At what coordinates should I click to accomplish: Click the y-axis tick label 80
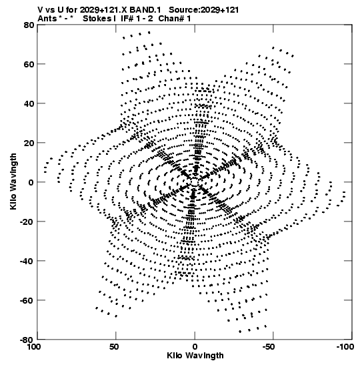click(x=29, y=25)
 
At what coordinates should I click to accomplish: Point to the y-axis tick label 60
click(x=29, y=64)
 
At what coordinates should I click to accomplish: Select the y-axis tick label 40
click(x=29, y=103)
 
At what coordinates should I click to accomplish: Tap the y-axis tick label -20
click(x=27, y=222)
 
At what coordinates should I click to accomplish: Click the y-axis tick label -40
click(x=27, y=261)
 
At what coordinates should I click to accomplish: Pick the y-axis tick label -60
click(x=27, y=300)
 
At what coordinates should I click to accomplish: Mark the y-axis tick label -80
click(x=27, y=340)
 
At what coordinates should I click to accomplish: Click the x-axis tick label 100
click(x=35, y=347)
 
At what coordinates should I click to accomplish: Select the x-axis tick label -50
click(x=271, y=347)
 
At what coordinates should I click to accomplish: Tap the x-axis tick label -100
click(x=345, y=347)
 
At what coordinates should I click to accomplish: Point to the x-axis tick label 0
click(x=195, y=347)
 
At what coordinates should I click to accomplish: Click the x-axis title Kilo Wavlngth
click(x=195, y=356)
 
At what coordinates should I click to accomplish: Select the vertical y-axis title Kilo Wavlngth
click(x=13, y=181)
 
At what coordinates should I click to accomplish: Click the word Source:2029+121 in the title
click(x=204, y=10)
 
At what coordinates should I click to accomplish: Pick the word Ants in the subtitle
click(x=47, y=19)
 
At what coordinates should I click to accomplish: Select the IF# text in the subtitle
click(x=126, y=19)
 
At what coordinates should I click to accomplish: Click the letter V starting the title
click(x=41, y=10)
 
